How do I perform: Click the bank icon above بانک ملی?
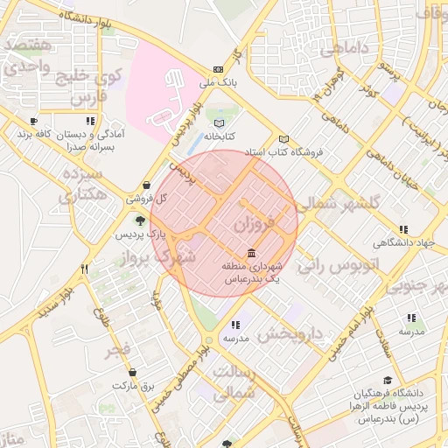pyautogui.click(x=219, y=70)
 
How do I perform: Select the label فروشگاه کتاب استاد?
pyautogui.click(x=283, y=151)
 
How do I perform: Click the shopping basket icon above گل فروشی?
pyautogui.click(x=145, y=185)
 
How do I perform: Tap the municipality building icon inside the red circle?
pyautogui.click(x=252, y=251)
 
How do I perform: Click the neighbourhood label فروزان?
pyautogui.click(x=255, y=224)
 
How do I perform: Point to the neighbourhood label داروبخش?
pyautogui.click(x=294, y=332)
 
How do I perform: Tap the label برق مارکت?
pyautogui.click(x=136, y=385)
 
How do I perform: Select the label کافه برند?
pyautogui.click(x=38, y=136)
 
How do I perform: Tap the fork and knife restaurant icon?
pyautogui.click(x=84, y=269)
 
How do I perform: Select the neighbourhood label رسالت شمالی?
pyautogui.click(x=233, y=384)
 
